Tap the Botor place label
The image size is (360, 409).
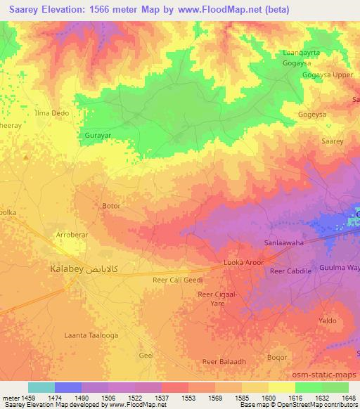[111, 207]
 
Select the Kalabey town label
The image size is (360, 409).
[67, 269]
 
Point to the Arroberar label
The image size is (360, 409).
[73, 237]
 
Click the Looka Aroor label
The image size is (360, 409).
[243, 262]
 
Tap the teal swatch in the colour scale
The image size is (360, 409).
[41, 387]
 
